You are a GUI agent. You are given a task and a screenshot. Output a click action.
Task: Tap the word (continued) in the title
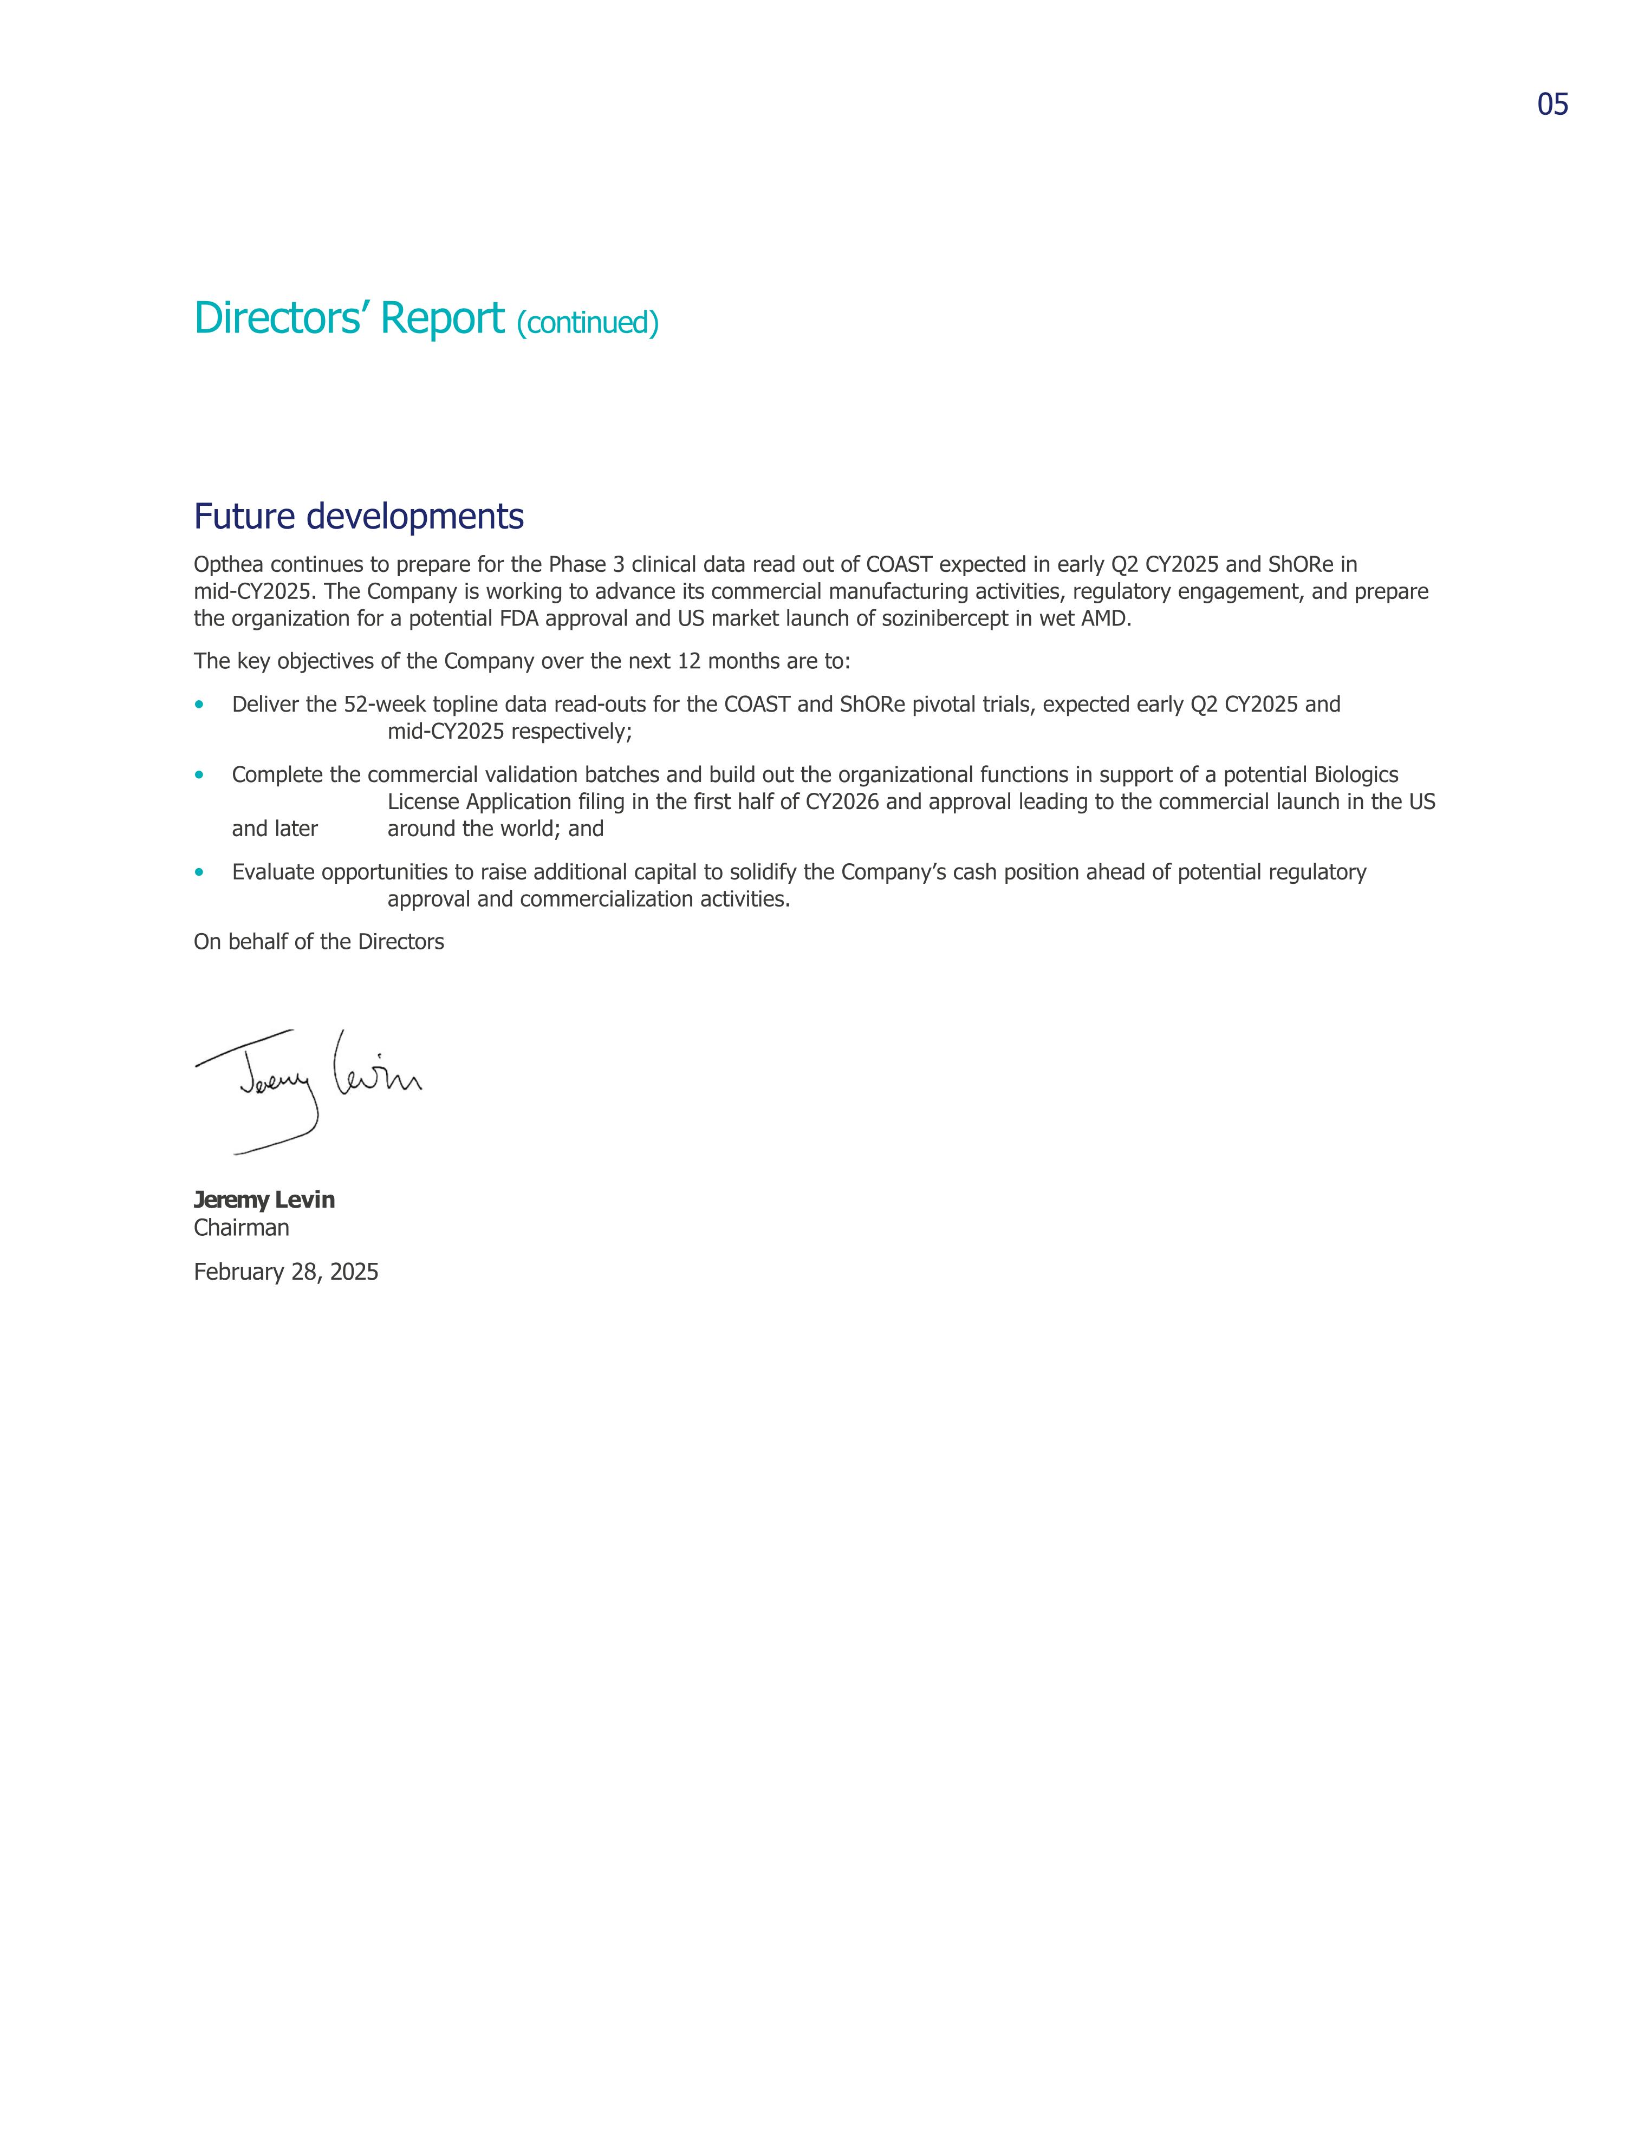588,323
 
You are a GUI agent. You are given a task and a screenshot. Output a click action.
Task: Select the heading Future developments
358,517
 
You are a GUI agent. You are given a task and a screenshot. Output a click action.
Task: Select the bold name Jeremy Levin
264,1200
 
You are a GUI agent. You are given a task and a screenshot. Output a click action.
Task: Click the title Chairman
242,1228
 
